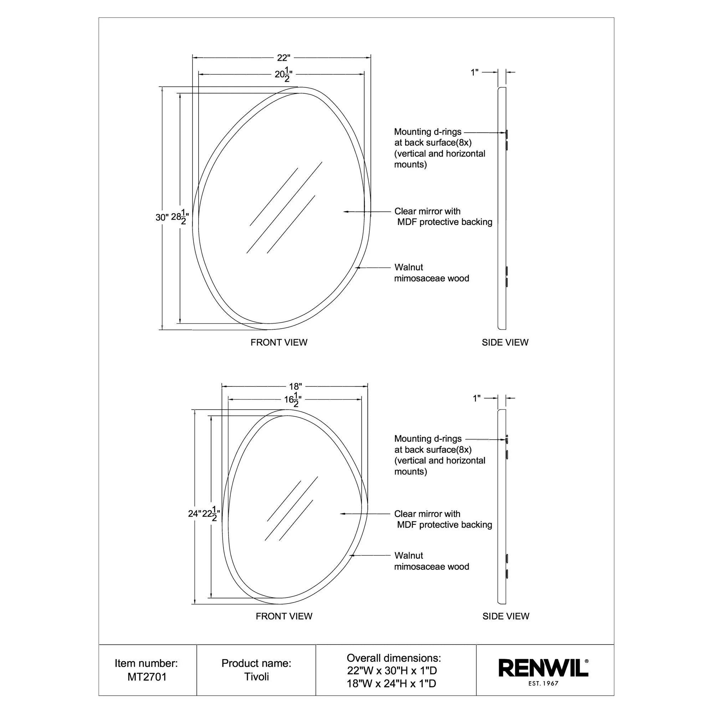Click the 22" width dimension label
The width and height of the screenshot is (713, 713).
(x=283, y=58)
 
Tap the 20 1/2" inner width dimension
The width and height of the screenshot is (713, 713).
(x=283, y=75)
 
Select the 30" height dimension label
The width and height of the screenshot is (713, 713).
(x=161, y=217)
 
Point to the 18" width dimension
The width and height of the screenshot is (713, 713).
(x=295, y=386)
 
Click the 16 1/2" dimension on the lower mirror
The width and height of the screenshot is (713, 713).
(x=293, y=400)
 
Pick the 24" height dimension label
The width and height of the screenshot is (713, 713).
(x=195, y=514)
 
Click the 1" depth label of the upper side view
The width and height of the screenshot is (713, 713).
(x=474, y=73)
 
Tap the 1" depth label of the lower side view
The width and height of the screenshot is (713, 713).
(x=476, y=399)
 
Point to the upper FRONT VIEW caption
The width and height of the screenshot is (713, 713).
(x=279, y=343)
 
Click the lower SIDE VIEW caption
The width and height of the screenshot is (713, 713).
(x=506, y=616)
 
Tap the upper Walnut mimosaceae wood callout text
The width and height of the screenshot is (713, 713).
(x=431, y=273)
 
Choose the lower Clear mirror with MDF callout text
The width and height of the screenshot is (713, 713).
(x=443, y=519)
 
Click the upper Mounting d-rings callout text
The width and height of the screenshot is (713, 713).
(x=439, y=148)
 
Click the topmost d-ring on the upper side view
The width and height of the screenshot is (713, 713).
(x=507, y=133)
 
